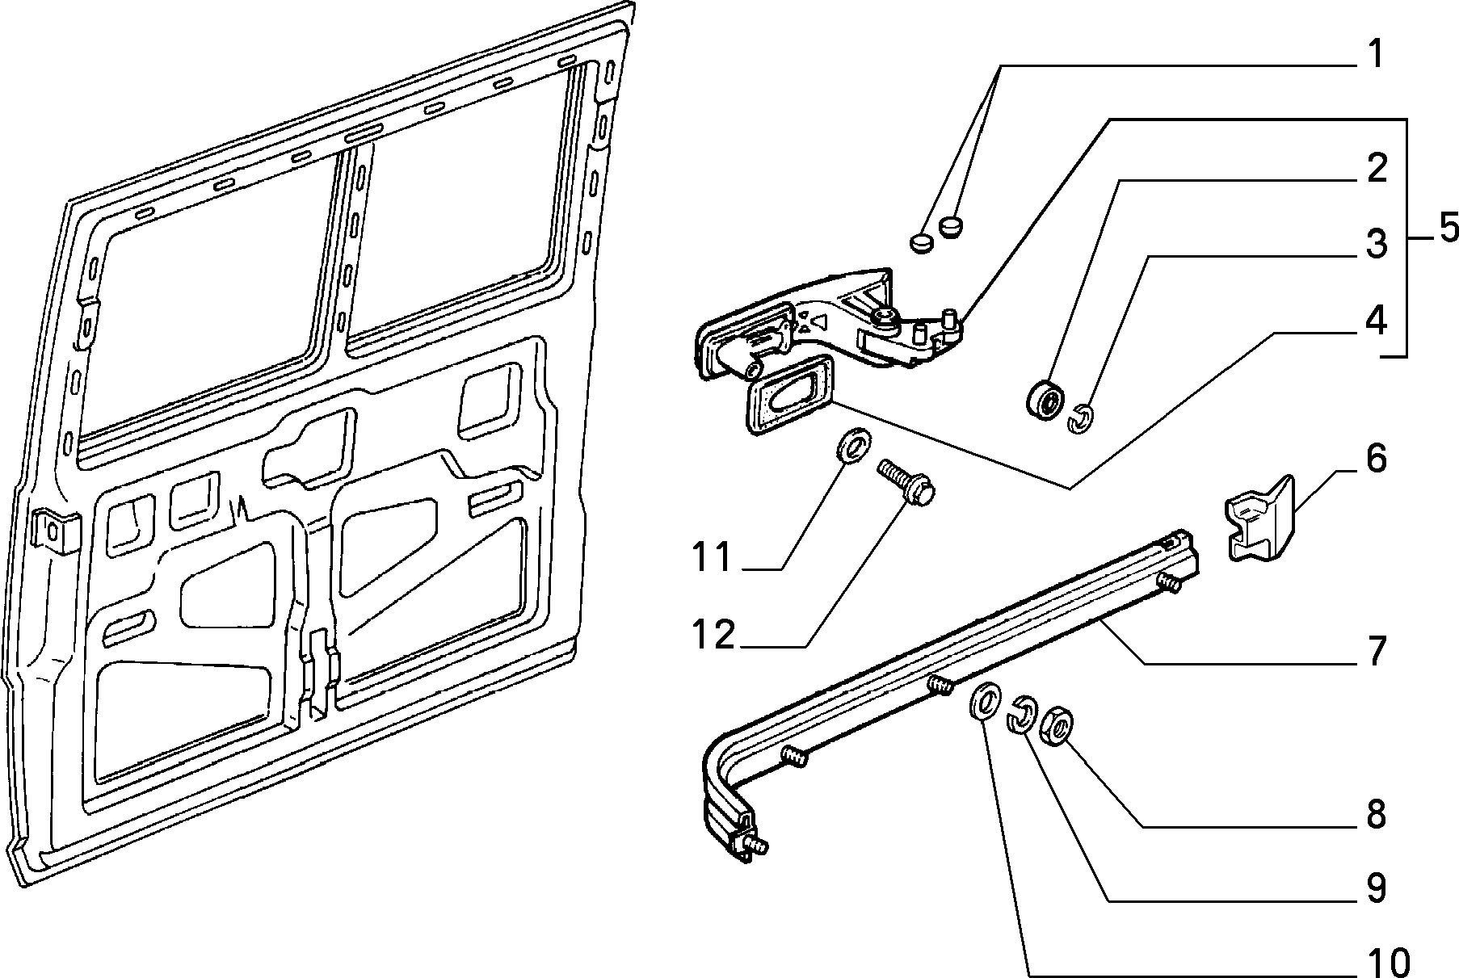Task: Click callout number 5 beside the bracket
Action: (x=1444, y=229)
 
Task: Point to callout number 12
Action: (x=713, y=635)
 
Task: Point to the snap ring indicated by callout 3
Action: (x=1080, y=418)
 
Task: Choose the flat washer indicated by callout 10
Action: (x=983, y=702)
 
